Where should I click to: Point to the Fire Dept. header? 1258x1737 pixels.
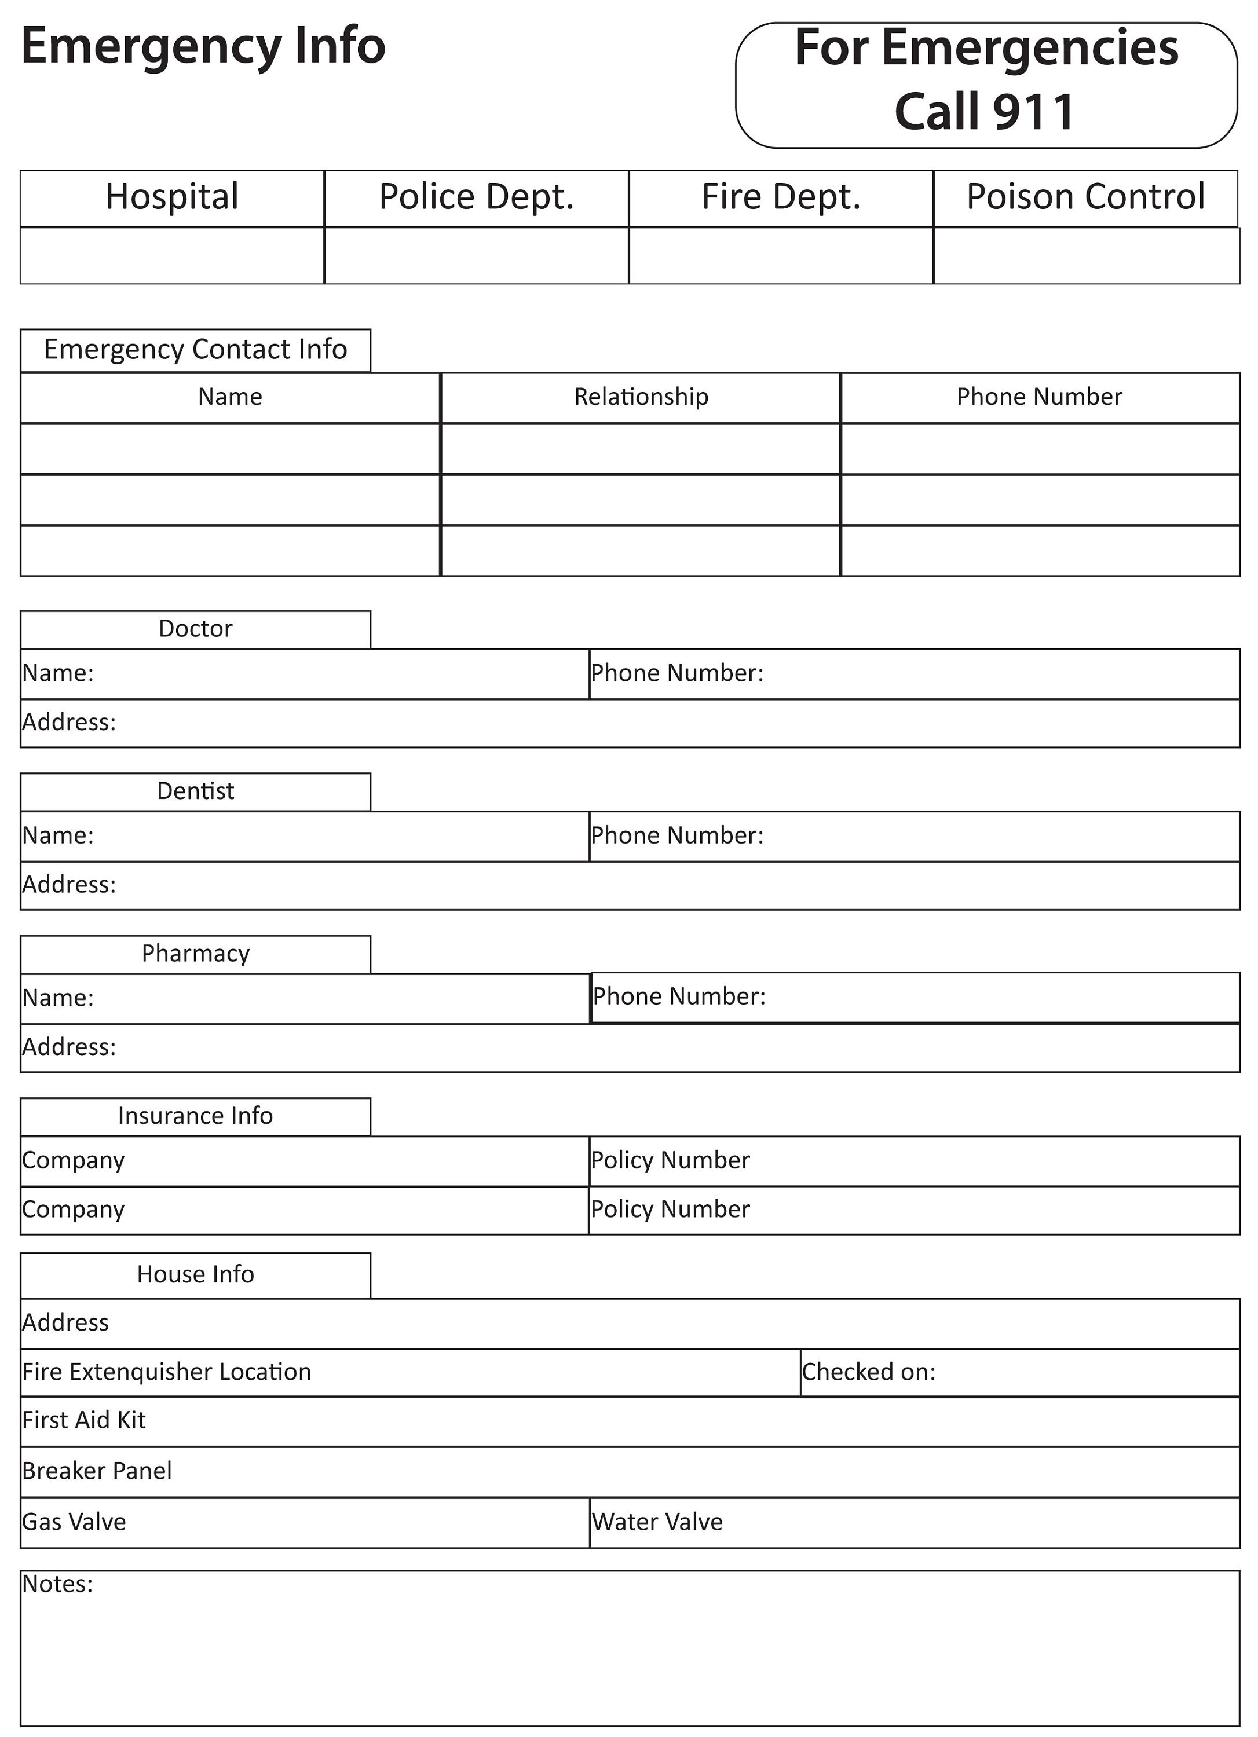coord(781,197)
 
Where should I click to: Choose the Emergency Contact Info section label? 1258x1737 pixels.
coord(195,349)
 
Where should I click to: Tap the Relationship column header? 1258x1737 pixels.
coord(641,397)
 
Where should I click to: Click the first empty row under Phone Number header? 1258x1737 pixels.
coord(1039,449)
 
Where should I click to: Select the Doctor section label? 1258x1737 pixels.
coord(195,628)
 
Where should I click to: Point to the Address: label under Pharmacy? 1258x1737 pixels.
coord(69,1046)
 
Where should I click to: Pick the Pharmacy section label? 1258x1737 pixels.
coord(195,953)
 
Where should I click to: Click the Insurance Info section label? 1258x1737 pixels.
coord(195,1115)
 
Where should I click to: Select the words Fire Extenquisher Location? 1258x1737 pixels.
coord(166,1371)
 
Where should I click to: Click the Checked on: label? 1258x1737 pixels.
coord(868,1371)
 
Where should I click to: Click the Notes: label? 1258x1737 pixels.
coord(57,1583)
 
